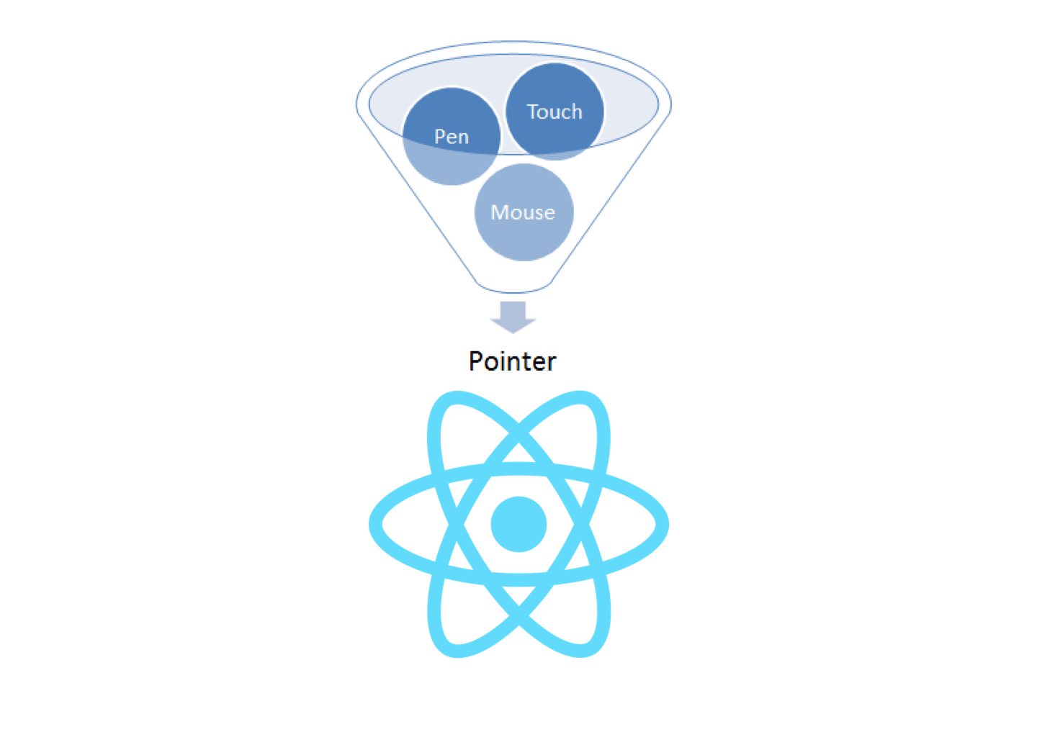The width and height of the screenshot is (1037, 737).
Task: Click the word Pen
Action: coord(452,137)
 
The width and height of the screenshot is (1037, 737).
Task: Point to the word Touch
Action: coord(555,112)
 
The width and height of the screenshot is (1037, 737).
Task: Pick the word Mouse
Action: coord(523,212)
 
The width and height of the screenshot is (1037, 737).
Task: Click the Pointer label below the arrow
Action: coord(513,361)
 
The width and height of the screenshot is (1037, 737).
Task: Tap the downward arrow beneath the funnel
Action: coord(513,317)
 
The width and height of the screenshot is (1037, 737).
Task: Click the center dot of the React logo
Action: coord(518,524)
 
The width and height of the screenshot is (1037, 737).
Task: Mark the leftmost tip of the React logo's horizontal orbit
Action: coord(375,524)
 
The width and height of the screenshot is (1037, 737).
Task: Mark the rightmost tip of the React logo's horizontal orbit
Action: coord(663,524)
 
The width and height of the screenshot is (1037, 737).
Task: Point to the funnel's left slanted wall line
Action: coord(418,202)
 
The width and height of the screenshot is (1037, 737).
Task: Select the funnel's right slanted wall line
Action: coord(610,202)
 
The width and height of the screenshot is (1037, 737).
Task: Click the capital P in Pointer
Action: coord(476,361)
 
